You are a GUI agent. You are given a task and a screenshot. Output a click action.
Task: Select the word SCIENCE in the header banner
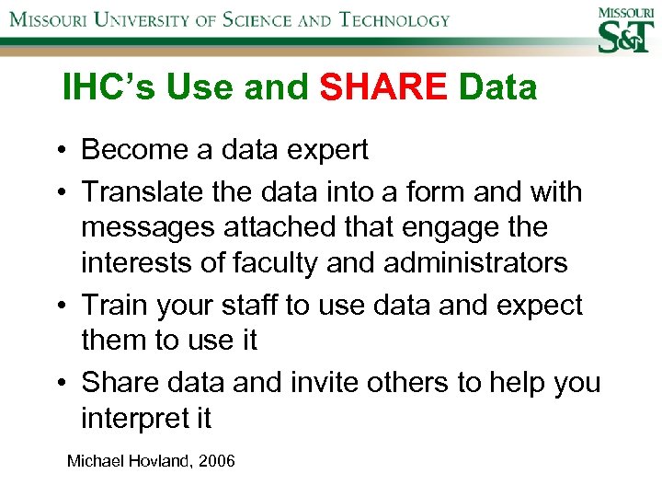(x=247, y=19)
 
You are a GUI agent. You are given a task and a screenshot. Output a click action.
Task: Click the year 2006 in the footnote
(x=217, y=459)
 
